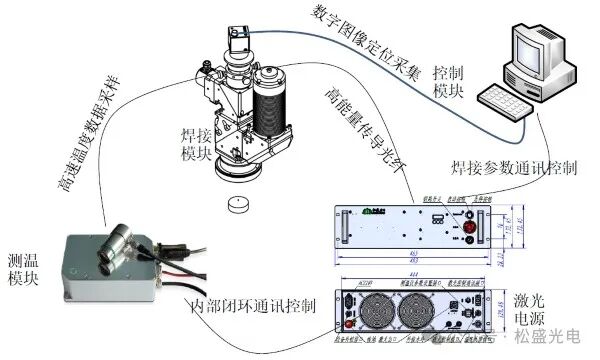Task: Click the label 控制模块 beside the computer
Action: pos(450,81)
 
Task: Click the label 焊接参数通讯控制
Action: pos(510,167)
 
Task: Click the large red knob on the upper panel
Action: pos(467,218)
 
